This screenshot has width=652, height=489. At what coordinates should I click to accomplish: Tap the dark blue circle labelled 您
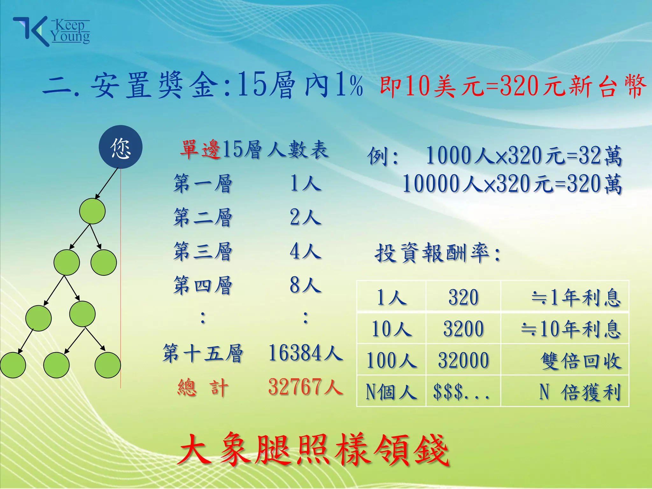(x=120, y=147)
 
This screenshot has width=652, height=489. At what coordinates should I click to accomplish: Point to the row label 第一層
(x=202, y=184)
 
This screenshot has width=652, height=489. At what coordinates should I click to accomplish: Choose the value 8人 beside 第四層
(x=305, y=285)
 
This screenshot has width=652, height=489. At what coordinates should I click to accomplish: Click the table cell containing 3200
(x=463, y=329)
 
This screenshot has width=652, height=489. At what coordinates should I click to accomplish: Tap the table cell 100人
(x=391, y=360)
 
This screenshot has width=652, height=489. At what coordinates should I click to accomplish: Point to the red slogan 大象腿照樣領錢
(x=313, y=450)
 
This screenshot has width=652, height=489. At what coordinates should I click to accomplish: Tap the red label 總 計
(x=203, y=388)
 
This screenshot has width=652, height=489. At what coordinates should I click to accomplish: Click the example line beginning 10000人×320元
(x=512, y=184)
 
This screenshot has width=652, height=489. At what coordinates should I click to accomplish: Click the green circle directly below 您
(x=92, y=211)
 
